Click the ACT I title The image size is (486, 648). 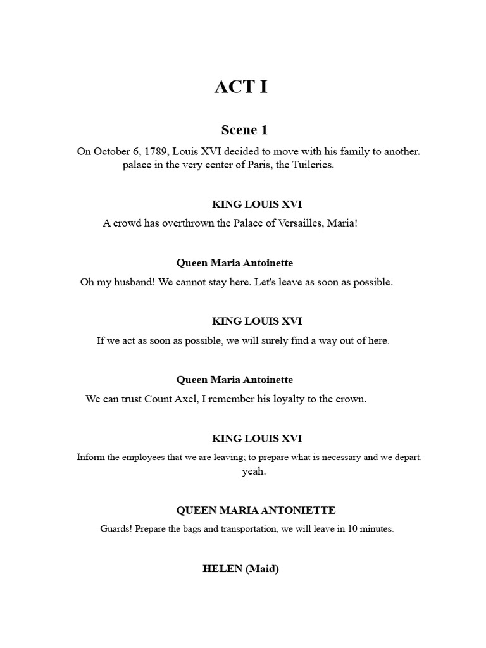(x=241, y=87)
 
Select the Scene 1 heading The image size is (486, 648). (x=244, y=130)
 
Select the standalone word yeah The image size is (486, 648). (x=254, y=471)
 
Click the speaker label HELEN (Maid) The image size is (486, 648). (x=240, y=569)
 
